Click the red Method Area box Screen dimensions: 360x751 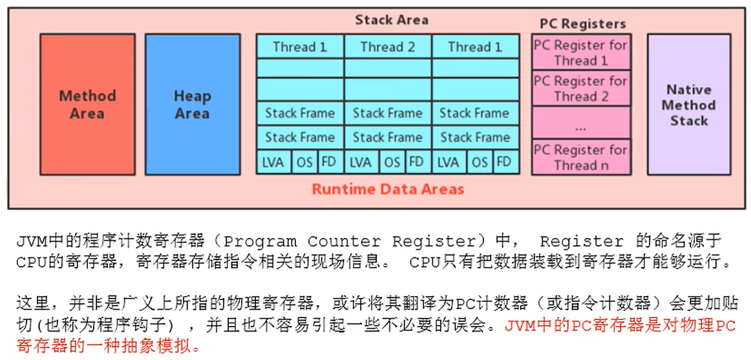87,104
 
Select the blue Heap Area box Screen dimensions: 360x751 192,104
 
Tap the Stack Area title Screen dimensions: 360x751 391,20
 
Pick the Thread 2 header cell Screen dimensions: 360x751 387,47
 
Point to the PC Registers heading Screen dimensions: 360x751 582,24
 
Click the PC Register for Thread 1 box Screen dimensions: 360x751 580,52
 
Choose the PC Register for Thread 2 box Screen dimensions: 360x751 580,89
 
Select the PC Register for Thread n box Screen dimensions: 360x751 580,157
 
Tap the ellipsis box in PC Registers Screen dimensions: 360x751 580,123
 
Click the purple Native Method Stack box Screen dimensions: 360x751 688,104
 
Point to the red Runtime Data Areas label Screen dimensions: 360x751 388,189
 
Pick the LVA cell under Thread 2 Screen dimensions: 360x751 361,162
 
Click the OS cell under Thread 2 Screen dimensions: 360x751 392,162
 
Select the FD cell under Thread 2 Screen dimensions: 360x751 417,162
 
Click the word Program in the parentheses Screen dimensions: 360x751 260,242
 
